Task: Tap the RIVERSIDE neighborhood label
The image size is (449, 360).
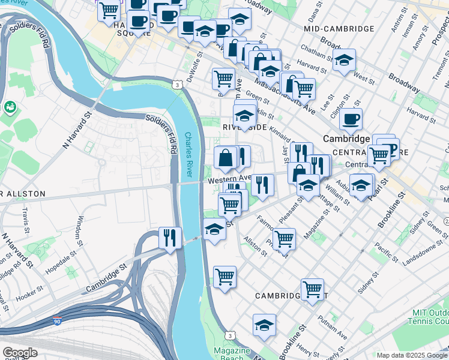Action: (x=244, y=127)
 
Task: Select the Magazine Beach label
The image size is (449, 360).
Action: (x=233, y=354)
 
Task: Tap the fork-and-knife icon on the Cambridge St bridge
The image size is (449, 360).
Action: (x=170, y=238)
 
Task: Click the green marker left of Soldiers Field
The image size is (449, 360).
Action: (x=10, y=107)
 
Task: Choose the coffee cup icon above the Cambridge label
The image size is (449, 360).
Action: (x=351, y=118)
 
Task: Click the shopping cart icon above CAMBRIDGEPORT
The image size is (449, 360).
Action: (x=312, y=289)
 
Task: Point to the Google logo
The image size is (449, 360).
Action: (x=20, y=352)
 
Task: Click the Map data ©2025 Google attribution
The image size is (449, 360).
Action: (x=411, y=355)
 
